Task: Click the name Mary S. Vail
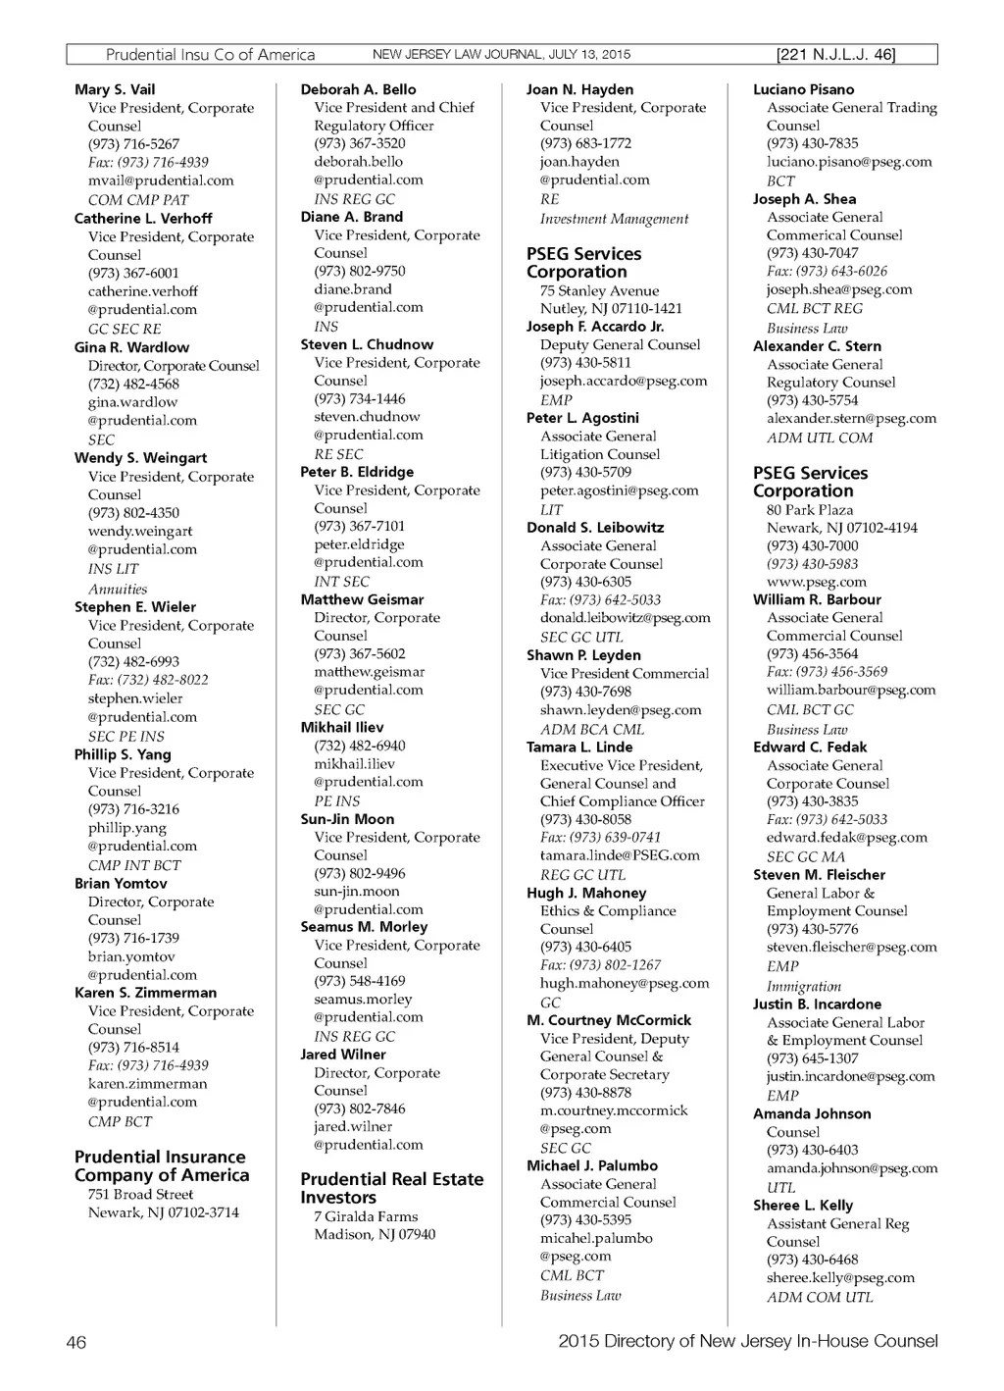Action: coord(115,89)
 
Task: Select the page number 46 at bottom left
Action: coord(76,1342)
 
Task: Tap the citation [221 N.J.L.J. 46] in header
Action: coord(835,55)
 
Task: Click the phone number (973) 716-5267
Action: coord(133,144)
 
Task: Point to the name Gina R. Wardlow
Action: coord(131,347)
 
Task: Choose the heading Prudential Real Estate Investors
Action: coord(391,1188)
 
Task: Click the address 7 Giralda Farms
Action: coord(366,1216)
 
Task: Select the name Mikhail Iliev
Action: coord(342,728)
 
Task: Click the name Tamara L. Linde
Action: coord(579,747)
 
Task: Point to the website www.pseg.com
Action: coord(817,582)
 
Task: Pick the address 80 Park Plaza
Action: coord(810,510)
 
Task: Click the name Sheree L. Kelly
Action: coord(803,1206)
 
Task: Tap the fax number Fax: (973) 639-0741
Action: coord(600,838)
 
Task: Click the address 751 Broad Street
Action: coord(140,1195)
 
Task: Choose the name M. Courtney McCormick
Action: coord(609,1020)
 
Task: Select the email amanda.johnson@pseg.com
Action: coord(852,1168)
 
